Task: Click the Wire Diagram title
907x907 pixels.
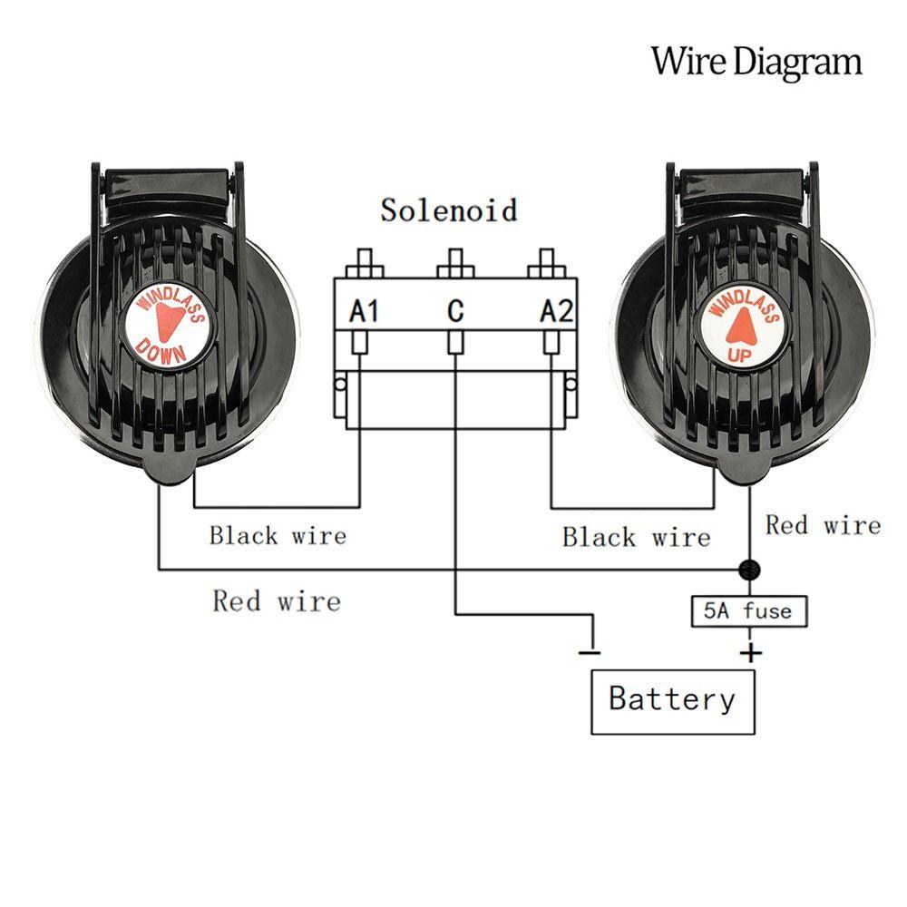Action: (756, 62)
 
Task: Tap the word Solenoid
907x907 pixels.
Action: (449, 210)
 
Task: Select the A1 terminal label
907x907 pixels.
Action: (364, 312)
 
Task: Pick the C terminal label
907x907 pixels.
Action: (455, 312)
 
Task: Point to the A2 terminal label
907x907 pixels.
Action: (556, 312)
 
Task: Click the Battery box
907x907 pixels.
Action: (672, 701)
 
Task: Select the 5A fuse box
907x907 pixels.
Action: (747, 611)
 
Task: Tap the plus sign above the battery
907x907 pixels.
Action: (750, 652)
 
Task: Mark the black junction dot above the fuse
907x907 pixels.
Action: (749, 570)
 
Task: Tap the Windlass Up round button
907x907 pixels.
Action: (741, 327)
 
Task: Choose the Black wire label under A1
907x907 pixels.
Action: (278, 535)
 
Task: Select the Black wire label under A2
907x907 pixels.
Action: (636, 537)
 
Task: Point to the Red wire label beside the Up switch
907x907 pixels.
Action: (823, 525)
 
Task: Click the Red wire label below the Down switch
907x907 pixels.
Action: (277, 600)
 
